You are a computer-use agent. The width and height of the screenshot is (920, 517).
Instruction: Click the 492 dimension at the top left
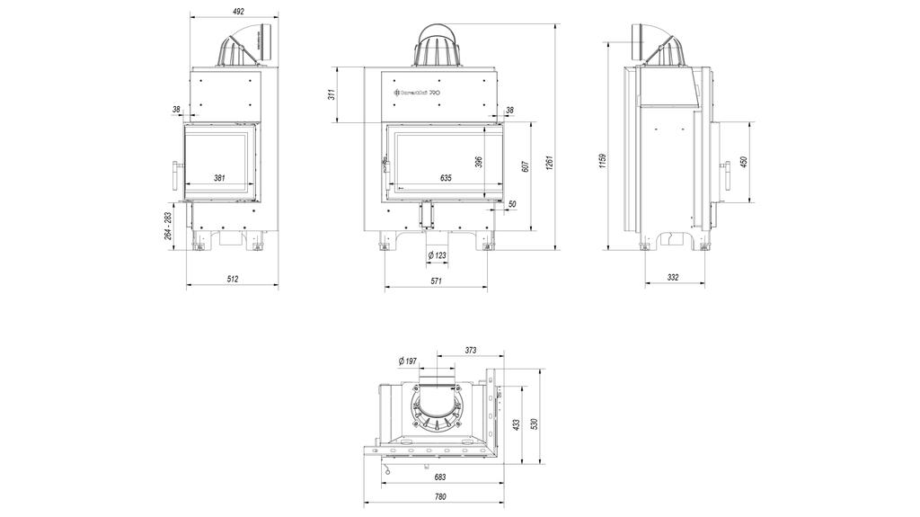[238, 12]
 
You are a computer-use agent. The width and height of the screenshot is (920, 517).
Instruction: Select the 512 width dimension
[233, 280]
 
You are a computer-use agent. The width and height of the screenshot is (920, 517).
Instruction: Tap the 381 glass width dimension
[219, 178]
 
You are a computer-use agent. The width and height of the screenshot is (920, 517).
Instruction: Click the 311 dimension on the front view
[332, 93]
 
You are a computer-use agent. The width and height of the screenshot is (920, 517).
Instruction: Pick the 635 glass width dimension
[447, 178]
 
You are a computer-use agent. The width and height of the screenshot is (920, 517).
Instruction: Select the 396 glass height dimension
[480, 162]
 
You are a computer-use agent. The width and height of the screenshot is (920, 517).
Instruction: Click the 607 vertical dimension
[525, 165]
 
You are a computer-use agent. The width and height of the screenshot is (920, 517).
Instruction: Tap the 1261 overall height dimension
[549, 165]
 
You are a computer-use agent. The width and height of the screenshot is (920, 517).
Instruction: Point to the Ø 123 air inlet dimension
[437, 256]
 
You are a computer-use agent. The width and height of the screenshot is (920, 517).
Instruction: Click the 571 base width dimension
[437, 281]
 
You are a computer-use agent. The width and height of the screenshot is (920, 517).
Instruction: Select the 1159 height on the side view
[603, 160]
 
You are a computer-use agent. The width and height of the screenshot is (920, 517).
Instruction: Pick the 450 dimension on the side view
[744, 162]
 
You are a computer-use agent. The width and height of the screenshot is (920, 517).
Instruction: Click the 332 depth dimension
[674, 278]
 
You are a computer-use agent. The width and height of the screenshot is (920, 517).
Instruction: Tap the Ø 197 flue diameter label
[408, 361]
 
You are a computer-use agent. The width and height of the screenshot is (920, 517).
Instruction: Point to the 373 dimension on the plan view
[470, 351]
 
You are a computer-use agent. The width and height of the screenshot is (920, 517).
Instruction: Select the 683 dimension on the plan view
[440, 477]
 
